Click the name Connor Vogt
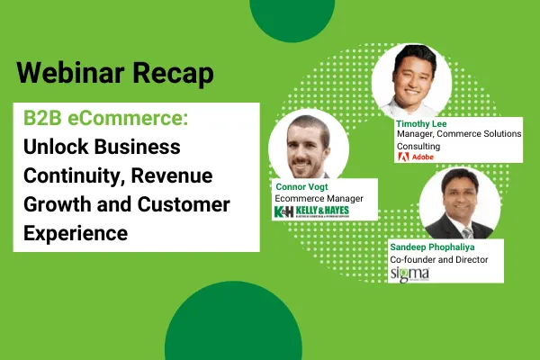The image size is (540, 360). pos(301,186)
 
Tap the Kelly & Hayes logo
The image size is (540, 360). pos(311,211)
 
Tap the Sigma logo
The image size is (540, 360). pos(409,274)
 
